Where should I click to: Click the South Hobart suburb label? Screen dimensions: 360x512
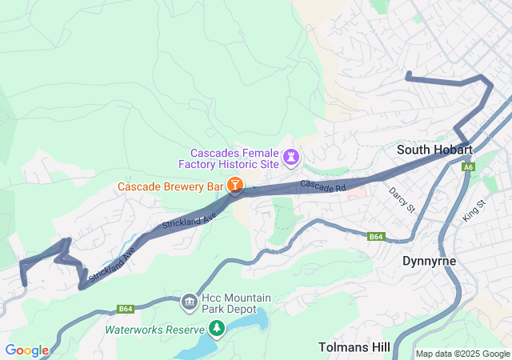435,150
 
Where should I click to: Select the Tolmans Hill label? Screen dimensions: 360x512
354,347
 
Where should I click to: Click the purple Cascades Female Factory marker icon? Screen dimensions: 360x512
292,158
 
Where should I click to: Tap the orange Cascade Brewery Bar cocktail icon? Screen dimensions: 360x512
235,186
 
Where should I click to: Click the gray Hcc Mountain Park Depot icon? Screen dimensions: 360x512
190,302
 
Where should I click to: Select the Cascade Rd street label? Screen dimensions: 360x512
322,186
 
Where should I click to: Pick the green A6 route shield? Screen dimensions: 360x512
468,167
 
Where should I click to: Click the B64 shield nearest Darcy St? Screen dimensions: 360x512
377,237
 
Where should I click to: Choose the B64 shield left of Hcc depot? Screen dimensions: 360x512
125,309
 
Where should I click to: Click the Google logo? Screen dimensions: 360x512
26,350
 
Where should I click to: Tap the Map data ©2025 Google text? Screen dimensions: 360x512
462,354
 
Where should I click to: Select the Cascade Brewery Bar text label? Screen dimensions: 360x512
170,186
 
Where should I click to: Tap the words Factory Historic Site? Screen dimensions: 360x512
234,164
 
